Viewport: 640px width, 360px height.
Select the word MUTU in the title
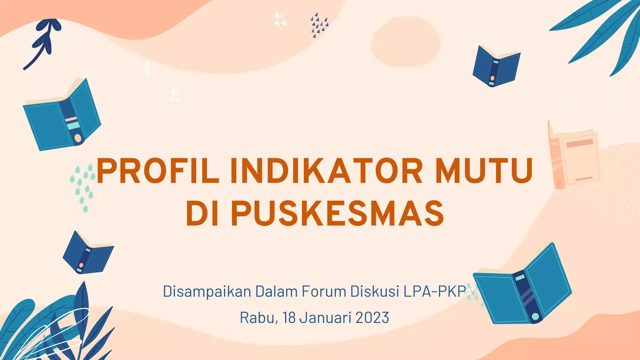coord(484,171)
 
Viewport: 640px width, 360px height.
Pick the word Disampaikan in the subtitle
coord(207,292)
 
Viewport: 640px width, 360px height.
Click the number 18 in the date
coord(289,318)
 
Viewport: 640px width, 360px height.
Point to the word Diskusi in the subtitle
coord(375,292)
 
